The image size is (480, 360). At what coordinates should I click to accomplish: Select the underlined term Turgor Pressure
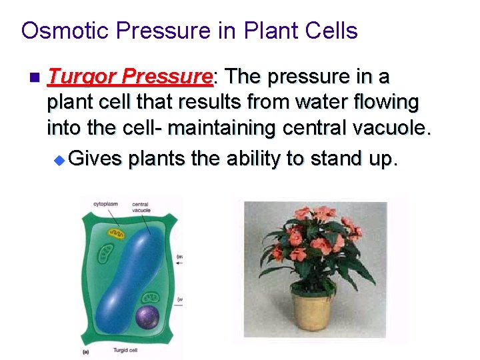[x=130, y=77]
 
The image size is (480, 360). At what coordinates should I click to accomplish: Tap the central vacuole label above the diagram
[x=141, y=207]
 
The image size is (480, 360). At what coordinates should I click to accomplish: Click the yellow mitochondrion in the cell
[x=117, y=234]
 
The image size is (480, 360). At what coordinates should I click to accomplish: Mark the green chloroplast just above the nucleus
[x=153, y=298]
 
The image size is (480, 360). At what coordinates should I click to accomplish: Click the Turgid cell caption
[x=127, y=351]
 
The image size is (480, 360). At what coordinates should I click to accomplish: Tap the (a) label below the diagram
[x=86, y=351]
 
